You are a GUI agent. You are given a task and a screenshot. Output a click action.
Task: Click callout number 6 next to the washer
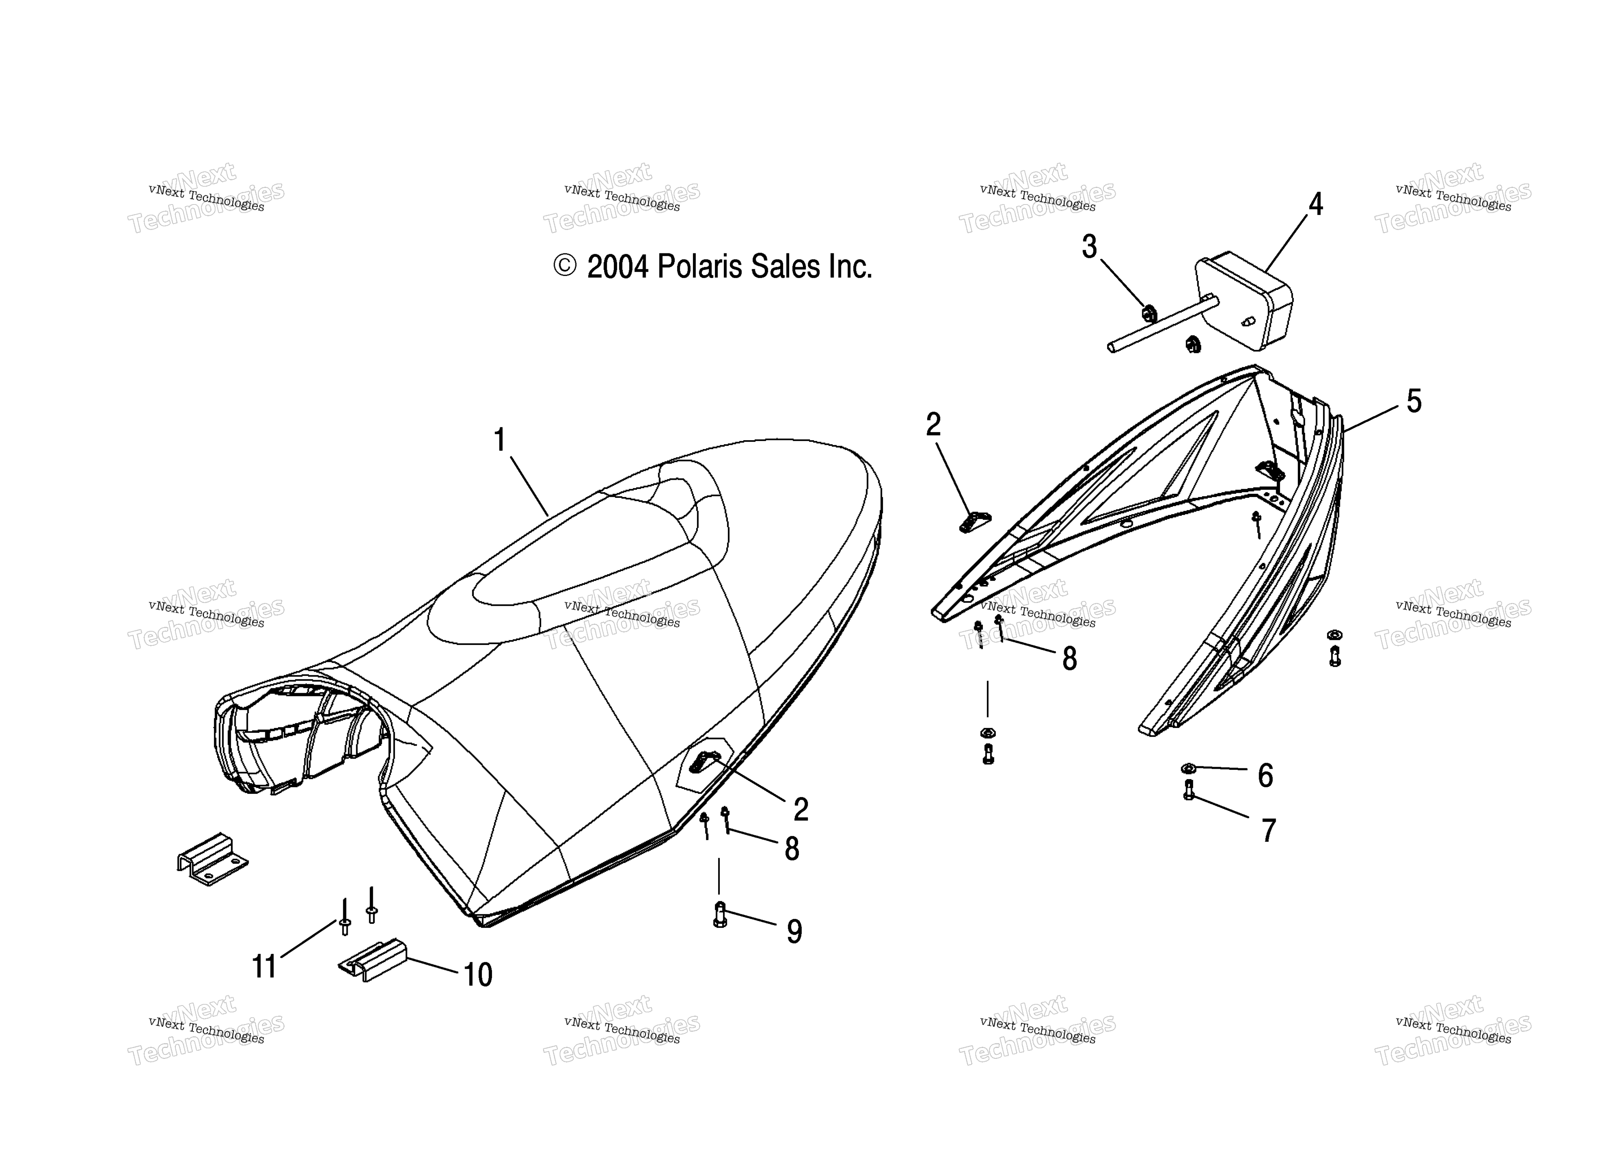pos(1266,776)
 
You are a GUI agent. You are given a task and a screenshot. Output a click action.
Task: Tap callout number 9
pos(794,932)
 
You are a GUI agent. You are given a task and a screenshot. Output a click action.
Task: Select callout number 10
pos(478,975)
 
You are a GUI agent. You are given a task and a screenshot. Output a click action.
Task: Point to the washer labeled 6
pos(1189,767)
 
